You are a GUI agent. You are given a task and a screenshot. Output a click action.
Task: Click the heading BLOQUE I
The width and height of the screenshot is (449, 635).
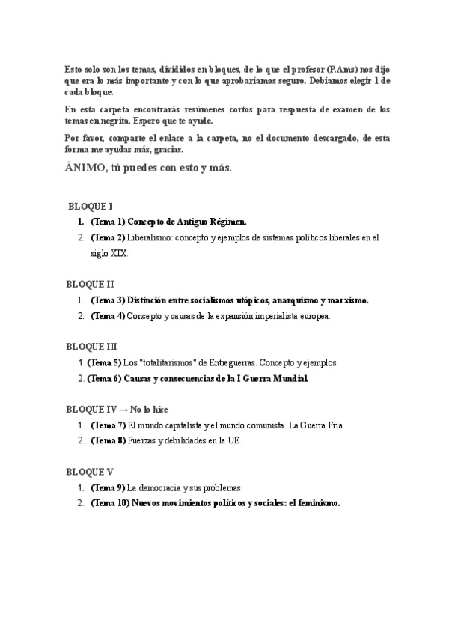[x=90, y=206]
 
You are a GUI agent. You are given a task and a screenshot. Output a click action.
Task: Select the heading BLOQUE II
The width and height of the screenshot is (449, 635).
[x=90, y=284]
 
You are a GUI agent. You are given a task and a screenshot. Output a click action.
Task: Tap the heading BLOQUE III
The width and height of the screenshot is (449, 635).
[x=91, y=346]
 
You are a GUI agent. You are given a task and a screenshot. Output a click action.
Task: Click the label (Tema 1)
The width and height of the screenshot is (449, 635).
[x=108, y=222]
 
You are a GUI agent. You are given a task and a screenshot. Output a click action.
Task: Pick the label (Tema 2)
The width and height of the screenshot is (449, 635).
[x=108, y=238]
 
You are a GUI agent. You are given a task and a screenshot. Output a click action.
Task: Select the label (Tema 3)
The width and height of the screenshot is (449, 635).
[x=108, y=300]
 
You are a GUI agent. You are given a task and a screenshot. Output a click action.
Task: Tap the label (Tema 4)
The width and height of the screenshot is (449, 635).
[x=108, y=316]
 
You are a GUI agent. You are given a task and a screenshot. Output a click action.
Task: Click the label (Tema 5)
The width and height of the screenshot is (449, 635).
[x=104, y=362]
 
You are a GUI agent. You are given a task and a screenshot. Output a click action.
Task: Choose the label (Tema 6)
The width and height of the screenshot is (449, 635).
[x=104, y=379]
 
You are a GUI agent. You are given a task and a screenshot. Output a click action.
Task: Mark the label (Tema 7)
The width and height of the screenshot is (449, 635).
[x=108, y=425]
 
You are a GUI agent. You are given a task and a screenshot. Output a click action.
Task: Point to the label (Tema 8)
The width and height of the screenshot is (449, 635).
[x=108, y=441]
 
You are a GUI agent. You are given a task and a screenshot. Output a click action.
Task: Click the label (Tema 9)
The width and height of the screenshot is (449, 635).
[x=108, y=487]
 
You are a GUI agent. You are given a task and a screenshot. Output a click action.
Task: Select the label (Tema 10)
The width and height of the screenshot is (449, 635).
[x=110, y=503]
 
